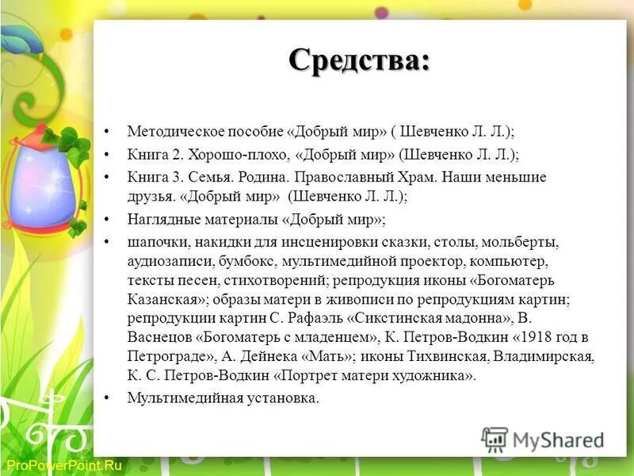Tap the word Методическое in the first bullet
[x=170, y=130]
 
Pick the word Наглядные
[x=159, y=218]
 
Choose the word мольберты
[x=519, y=242]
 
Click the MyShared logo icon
[x=495, y=439]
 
